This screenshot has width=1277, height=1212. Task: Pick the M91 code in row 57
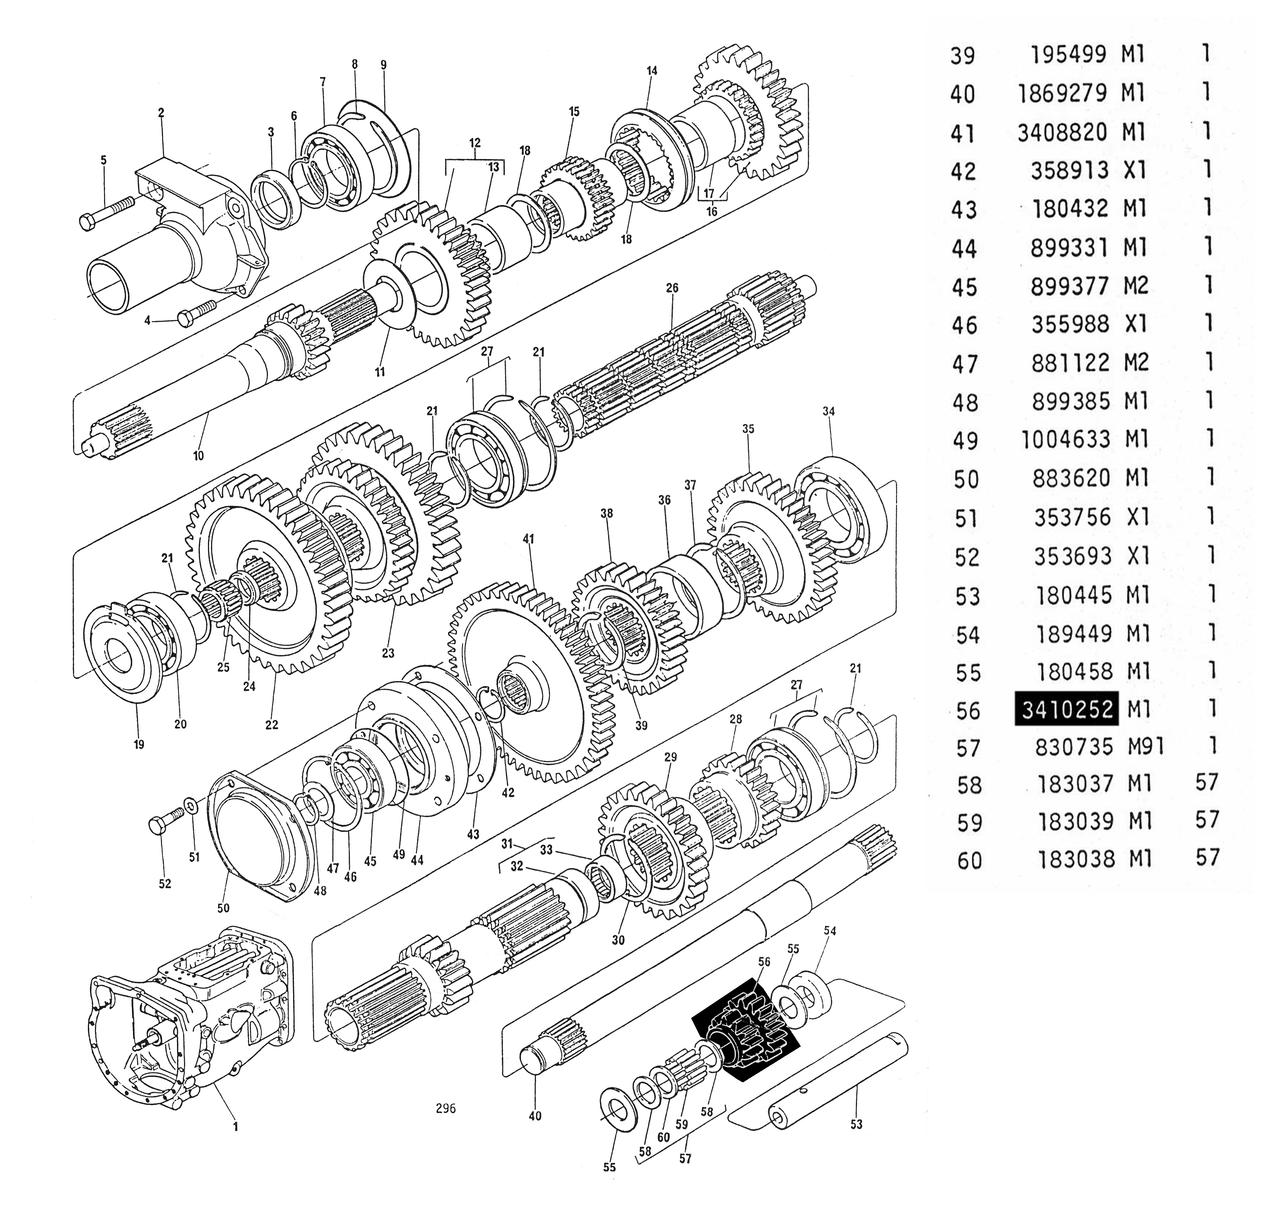[x=1146, y=747]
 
